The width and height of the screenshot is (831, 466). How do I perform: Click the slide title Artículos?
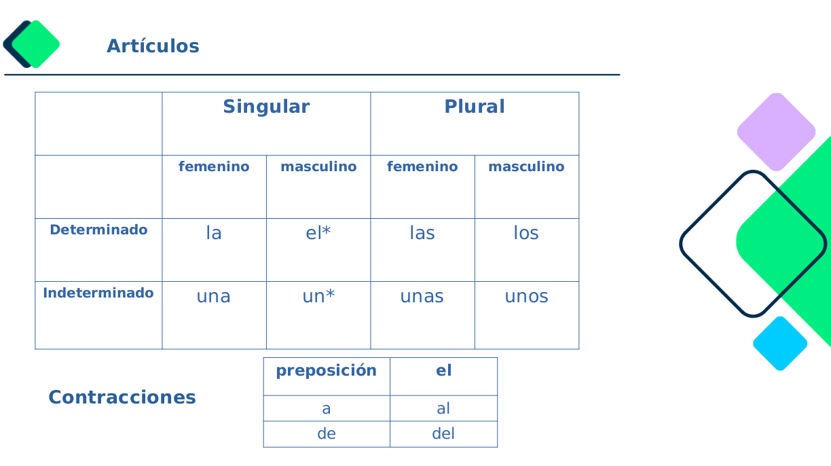pos(153,46)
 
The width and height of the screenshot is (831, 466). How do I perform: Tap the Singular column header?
pos(266,107)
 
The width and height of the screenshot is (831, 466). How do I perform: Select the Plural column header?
pos(475,107)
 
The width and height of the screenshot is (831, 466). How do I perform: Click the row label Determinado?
pos(98,230)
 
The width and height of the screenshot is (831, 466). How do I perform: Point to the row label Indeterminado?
pos(98,293)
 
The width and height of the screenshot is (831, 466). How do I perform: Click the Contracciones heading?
pos(122,397)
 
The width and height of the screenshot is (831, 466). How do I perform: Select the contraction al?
pos(443,408)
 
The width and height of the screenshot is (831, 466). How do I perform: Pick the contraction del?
pos(443,433)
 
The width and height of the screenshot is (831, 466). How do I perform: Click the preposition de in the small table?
pos(327,433)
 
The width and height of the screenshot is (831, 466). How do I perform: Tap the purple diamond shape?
pos(776,132)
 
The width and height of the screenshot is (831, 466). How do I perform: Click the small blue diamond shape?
pos(780,344)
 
